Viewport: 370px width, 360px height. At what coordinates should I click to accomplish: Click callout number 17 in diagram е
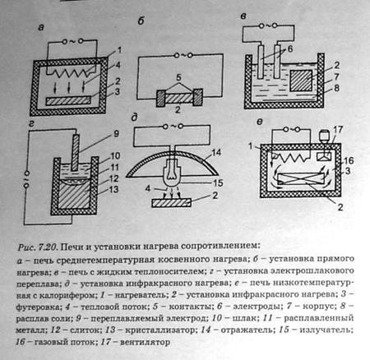(x=338, y=129)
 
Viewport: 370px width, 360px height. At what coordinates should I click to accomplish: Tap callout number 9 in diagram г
(x=116, y=134)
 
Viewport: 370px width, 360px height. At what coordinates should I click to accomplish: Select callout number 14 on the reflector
(x=216, y=153)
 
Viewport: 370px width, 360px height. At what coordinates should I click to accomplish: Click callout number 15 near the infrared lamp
(x=218, y=182)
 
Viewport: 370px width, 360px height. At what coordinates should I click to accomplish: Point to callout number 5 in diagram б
(x=178, y=77)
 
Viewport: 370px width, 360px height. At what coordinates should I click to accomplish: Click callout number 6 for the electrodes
(x=290, y=48)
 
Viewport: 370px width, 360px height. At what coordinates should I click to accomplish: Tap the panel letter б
(x=141, y=21)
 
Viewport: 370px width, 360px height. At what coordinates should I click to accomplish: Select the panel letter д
(x=134, y=118)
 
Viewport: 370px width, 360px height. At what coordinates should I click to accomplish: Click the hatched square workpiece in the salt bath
(x=301, y=81)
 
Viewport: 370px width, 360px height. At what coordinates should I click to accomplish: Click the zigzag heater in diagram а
(x=72, y=72)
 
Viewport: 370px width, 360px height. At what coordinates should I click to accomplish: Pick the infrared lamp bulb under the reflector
(x=172, y=173)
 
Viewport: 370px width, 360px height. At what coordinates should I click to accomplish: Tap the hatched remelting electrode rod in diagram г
(x=76, y=152)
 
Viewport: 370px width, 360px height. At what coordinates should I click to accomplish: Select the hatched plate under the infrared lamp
(x=171, y=203)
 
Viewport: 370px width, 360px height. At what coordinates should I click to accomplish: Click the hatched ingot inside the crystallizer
(x=74, y=195)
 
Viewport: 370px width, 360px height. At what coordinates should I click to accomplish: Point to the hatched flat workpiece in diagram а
(x=68, y=100)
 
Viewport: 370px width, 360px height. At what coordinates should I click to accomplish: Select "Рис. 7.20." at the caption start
(x=38, y=247)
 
